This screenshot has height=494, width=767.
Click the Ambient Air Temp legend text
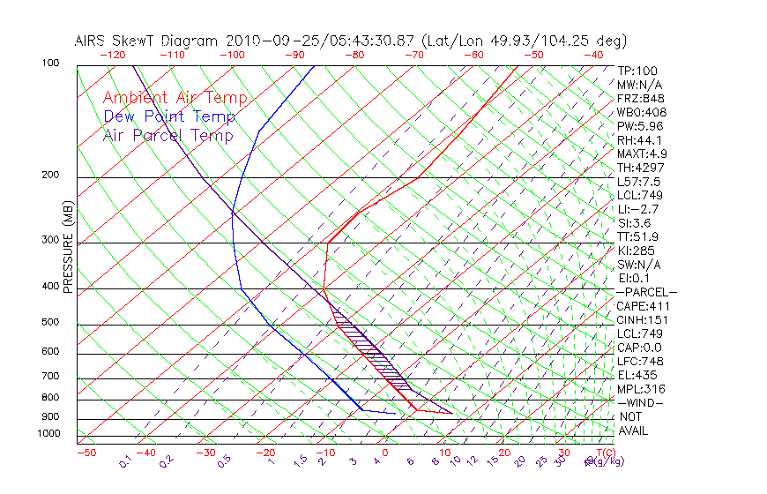coord(175,98)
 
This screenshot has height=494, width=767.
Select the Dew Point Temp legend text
coord(169,116)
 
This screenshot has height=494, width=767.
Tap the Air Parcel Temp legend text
coord(168,135)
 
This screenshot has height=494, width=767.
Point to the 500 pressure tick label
coord(50,323)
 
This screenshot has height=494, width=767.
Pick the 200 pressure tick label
coord(50,176)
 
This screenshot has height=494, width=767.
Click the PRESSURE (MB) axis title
coord(68,247)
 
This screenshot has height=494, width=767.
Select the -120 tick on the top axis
coord(112,55)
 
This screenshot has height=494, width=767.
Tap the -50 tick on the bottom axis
coord(86,453)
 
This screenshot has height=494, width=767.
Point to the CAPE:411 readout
coord(640,306)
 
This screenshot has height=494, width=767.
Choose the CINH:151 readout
coord(640,319)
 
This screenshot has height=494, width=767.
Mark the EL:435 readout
coord(637,375)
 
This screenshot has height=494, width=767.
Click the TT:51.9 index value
coord(638,236)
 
